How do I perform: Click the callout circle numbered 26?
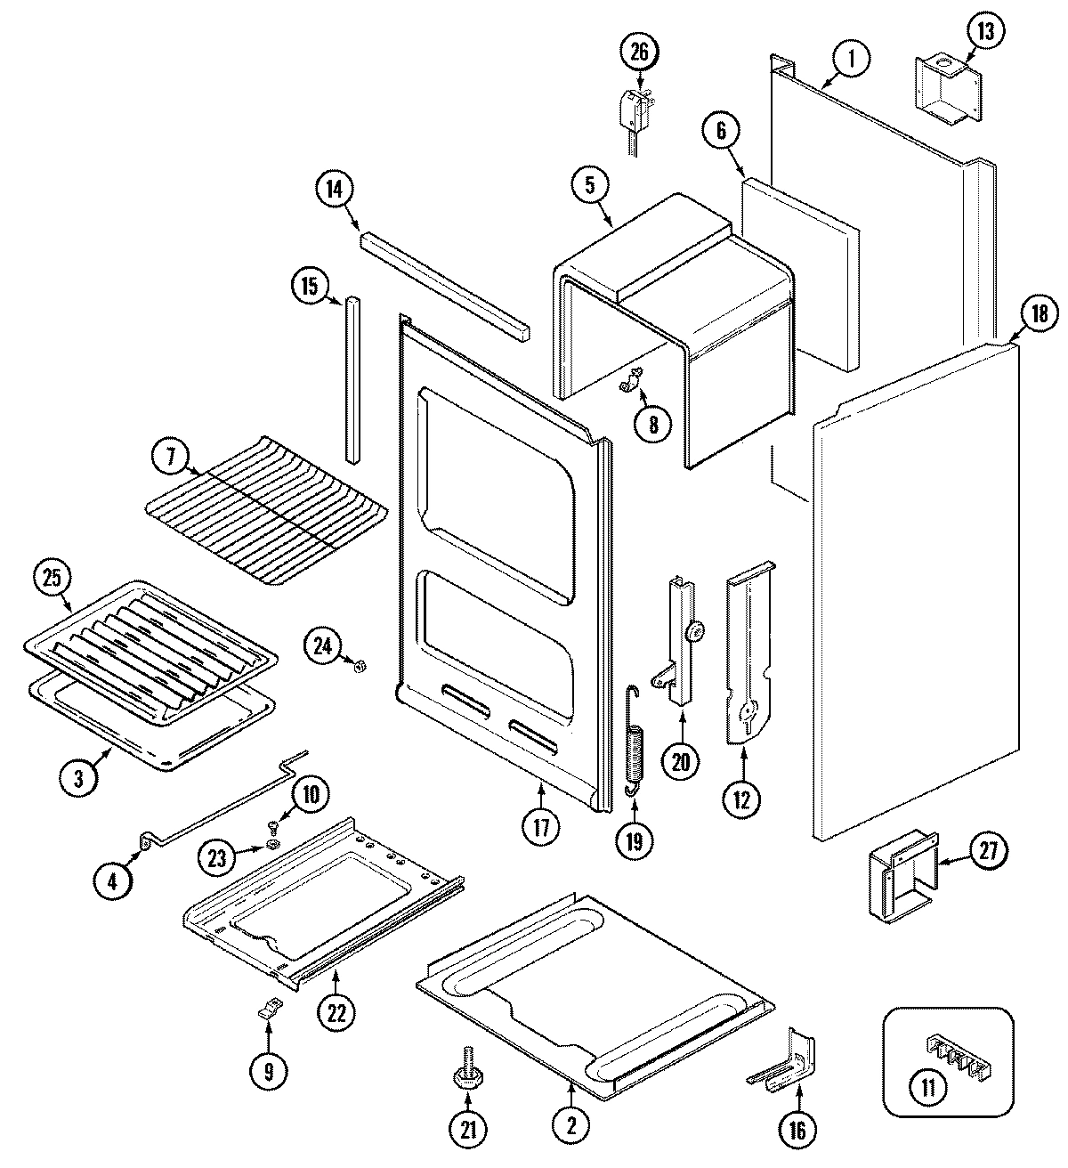[640, 53]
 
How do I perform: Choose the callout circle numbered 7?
[171, 458]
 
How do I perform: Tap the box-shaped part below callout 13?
[947, 87]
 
